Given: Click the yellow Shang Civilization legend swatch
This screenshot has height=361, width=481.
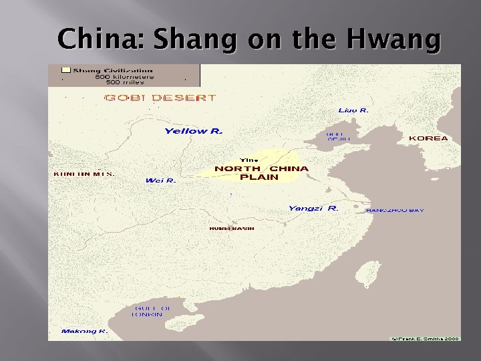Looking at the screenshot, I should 65,70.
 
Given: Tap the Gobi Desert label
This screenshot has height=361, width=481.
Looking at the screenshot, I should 160,98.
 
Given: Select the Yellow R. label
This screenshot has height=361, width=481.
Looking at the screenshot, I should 193,131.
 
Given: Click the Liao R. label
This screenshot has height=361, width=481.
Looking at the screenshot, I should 353,110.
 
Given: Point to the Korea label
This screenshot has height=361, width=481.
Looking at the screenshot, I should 428,138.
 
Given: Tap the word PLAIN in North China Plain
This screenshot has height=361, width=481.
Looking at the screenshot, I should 259,177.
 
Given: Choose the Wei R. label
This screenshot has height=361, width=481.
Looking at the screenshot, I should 160,180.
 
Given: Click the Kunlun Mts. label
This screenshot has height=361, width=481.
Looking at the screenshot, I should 84,174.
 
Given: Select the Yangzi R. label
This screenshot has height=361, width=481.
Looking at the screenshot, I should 313,209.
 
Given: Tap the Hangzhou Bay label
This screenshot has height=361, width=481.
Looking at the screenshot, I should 395,211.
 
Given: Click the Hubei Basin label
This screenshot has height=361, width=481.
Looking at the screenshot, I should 232,229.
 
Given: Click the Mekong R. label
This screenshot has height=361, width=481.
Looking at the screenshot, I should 84,331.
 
